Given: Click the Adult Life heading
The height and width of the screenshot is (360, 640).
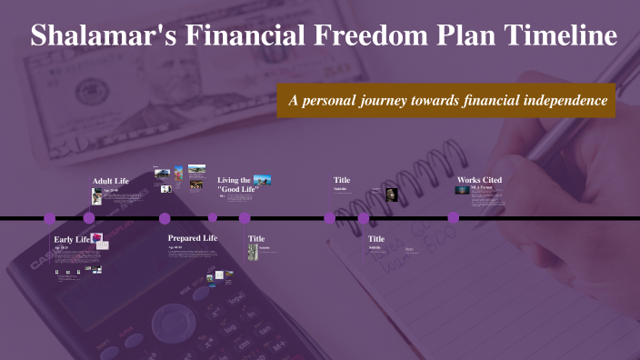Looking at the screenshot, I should pos(111,181).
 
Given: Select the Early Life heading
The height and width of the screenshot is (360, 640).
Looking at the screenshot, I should pos(72,239).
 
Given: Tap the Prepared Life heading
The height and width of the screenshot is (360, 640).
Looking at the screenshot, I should pos(193,238).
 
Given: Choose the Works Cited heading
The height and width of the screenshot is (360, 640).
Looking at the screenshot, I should pos(479,180).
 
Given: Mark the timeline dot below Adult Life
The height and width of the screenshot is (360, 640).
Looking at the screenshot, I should pos(89,218).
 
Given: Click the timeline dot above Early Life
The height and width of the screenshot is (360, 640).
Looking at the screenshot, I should pos(50,218).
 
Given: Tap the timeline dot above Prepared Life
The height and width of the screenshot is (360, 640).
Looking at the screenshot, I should pos(165,218).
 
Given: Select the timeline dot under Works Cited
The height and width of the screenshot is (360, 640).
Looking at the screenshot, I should pos(453,218).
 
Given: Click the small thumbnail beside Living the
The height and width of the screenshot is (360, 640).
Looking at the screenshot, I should pos(263,180).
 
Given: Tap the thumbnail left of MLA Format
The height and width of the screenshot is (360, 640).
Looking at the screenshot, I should pos(462,190).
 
